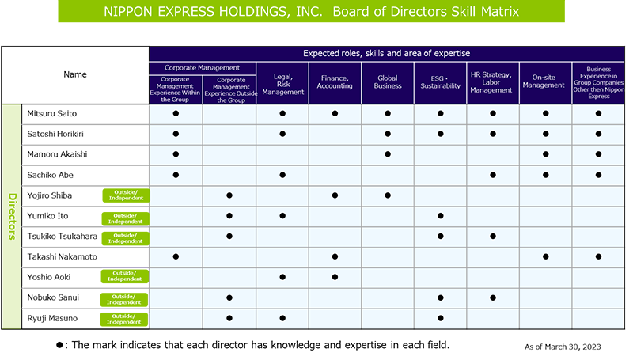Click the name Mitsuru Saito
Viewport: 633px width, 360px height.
[51, 113]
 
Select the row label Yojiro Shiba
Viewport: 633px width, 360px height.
[49, 195]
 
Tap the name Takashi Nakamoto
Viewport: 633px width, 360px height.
[63, 256]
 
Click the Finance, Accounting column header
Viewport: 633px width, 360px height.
[335, 82]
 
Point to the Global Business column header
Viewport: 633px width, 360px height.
[388, 82]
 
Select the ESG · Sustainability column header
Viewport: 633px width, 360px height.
[440, 82]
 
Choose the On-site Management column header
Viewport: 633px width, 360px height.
[544, 81]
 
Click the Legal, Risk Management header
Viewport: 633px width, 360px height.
[283, 84]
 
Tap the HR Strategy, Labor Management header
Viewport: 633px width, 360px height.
[491, 82]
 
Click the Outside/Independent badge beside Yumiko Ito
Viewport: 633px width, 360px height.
[126, 218]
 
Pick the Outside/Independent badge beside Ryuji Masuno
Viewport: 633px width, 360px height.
[124, 319]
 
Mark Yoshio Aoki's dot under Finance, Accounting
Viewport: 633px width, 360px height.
[335, 277]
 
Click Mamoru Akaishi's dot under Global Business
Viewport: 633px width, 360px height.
[388, 154]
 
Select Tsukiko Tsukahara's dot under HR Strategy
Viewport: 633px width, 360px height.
[493, 236]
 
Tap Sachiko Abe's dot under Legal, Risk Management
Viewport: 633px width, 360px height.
[282, 175]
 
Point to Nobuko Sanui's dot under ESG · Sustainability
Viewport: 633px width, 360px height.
[441, 297]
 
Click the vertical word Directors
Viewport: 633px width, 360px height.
[12, 217]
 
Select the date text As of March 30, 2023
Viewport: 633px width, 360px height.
[563, 347]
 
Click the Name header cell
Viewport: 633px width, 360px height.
[75, 75]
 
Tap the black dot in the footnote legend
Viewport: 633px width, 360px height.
[59, 345]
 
